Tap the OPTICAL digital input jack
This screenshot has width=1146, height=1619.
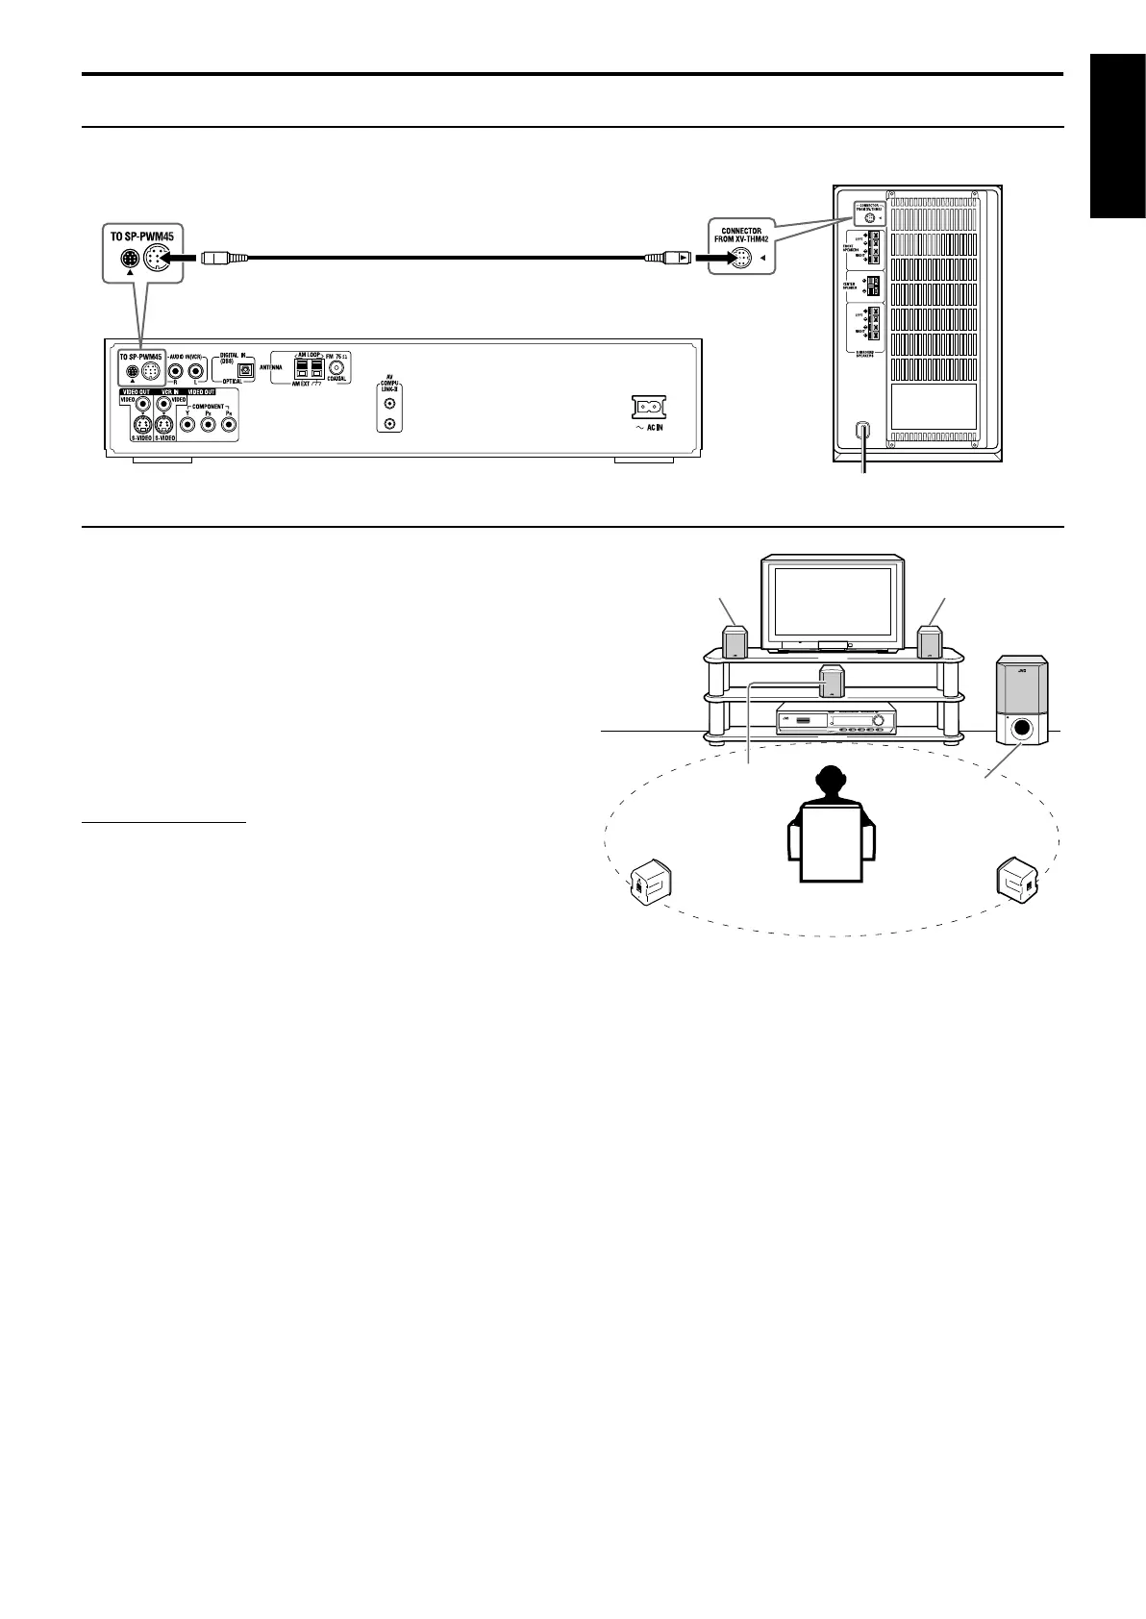coord(244,368)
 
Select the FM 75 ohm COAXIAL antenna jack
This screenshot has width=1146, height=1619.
coord(336,367)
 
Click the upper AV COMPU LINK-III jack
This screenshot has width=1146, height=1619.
coord(389,405)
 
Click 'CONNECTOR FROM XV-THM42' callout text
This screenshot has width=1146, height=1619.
coord(741,236)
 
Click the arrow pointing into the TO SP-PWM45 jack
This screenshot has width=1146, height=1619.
coord(183,258)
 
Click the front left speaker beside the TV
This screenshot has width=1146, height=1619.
coord(735,642)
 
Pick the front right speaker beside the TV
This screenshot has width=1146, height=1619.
coord(929,642)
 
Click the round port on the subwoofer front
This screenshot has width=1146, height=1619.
coord(1022,728)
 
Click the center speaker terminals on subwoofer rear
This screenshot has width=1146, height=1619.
coord(872,286)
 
